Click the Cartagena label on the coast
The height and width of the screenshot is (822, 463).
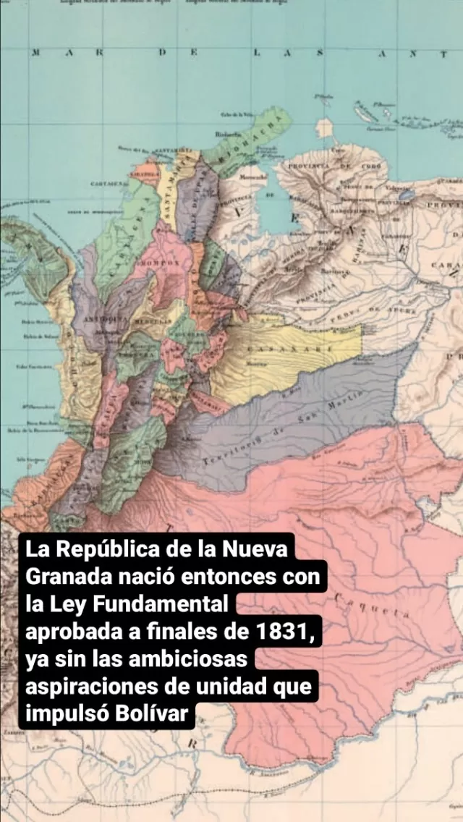point(101,184)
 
